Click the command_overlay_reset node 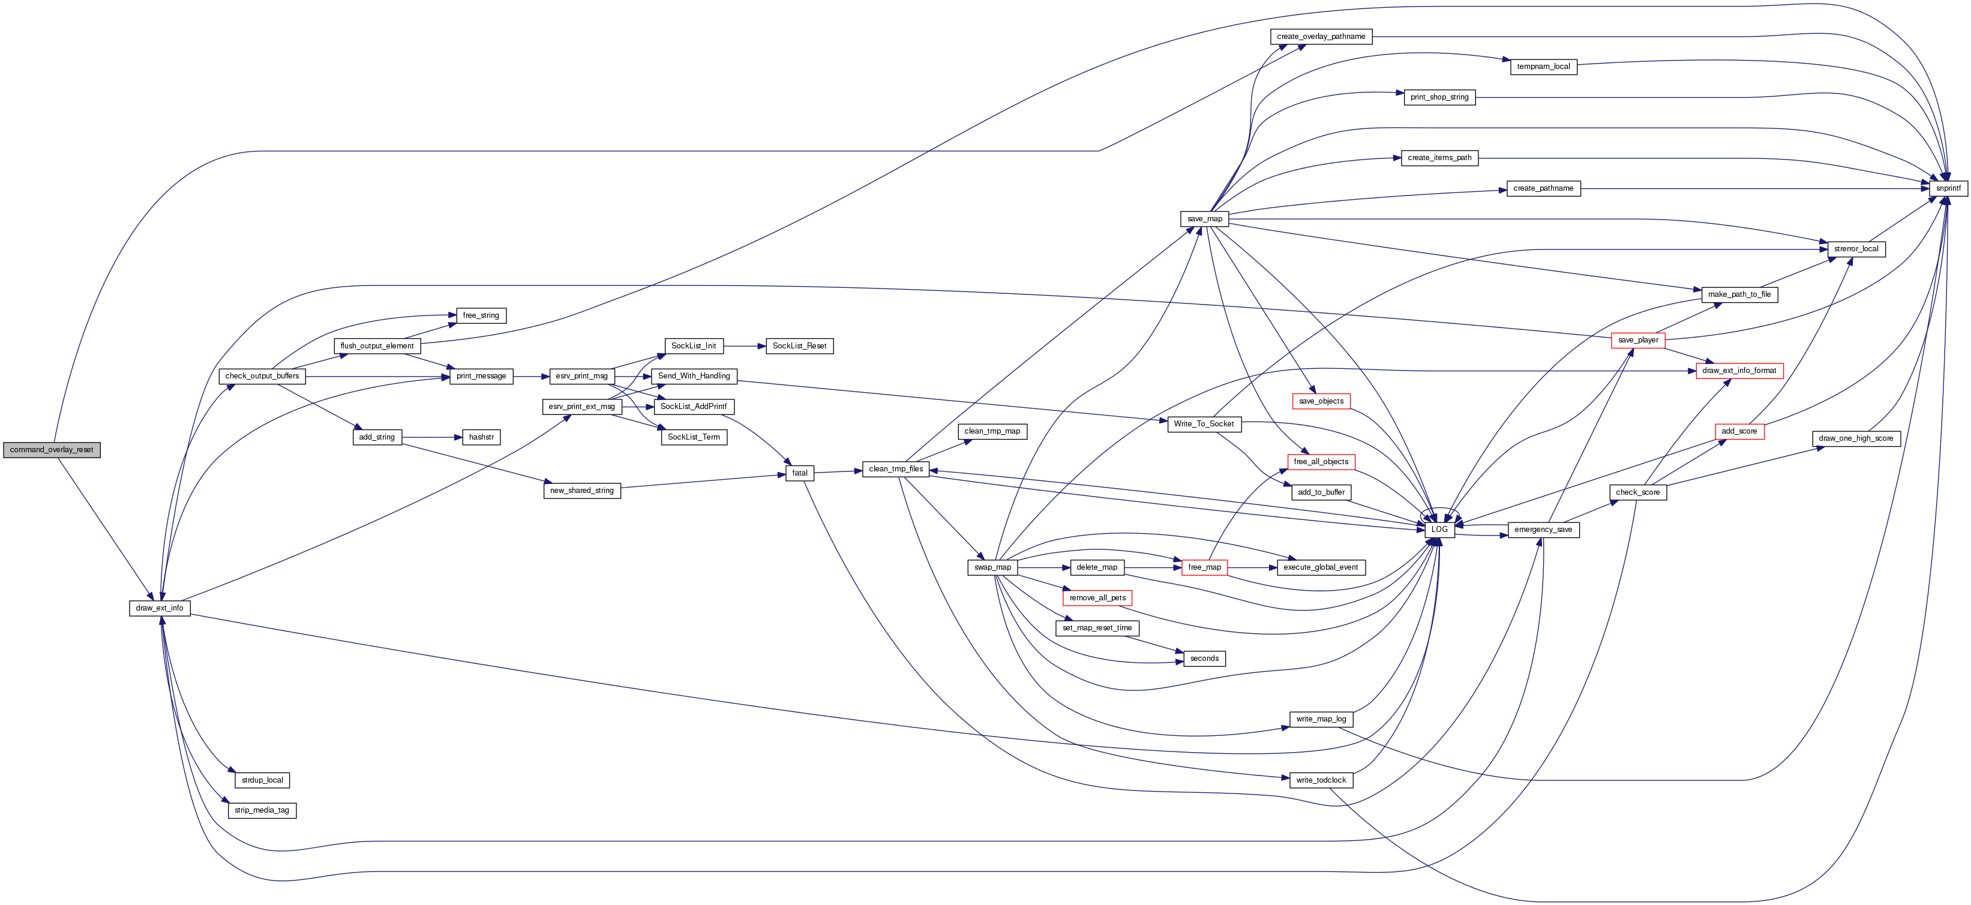51,450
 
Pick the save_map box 1204,219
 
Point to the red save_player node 1637,339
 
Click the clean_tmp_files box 895,469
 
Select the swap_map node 992,567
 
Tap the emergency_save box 1543,530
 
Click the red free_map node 1204,567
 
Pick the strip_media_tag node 262,810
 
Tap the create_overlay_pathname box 1321,37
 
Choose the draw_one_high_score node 1855,438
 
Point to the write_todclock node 1321,780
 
